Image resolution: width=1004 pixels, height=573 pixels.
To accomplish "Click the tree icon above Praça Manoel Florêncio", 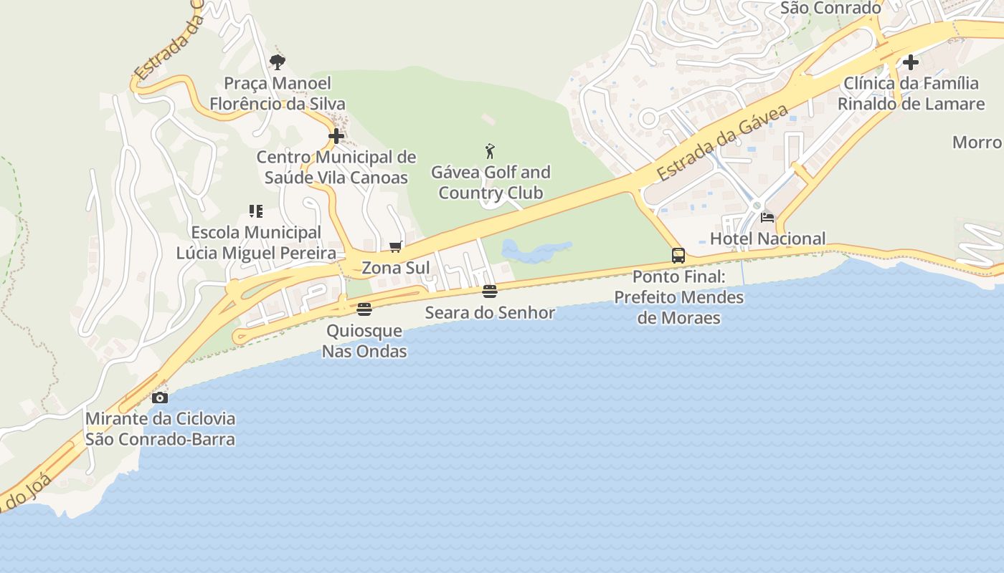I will click(278, 62).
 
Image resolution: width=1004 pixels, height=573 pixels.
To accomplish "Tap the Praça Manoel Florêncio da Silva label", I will click(278, 94).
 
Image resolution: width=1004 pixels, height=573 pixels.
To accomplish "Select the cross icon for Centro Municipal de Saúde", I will click(336, 136).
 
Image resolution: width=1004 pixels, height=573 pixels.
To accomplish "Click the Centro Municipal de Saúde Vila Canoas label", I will click(336, 167).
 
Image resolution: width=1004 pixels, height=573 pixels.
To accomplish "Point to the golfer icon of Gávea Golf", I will click(490, 151).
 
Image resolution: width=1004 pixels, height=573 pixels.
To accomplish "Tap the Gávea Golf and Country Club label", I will click(491, 183).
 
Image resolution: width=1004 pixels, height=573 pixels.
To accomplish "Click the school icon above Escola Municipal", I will click(256, 211).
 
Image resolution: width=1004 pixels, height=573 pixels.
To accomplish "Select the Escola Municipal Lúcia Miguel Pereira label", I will click(256, 243).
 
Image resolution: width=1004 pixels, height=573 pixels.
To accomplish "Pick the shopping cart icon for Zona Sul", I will click(395, 247).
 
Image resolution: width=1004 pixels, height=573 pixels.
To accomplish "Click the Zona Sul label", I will click(396, 268).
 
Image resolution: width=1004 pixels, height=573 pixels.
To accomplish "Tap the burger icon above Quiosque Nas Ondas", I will click(364, 309).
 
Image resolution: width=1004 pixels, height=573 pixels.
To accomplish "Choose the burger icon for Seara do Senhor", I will click(490, 292).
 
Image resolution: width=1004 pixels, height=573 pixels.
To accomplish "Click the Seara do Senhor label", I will click(490, 313).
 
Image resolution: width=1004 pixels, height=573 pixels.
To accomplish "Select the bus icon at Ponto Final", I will click(678, 255).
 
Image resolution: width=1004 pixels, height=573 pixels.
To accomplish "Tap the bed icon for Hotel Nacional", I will click(767, 218).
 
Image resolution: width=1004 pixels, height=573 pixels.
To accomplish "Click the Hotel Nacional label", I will click(767, 239).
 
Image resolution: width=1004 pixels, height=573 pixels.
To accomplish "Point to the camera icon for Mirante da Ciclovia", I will click(160, 398).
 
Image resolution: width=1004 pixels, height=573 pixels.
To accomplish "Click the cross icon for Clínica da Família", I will click(911, 62).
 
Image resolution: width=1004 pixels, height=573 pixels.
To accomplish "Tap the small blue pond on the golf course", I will click(534, 251).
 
